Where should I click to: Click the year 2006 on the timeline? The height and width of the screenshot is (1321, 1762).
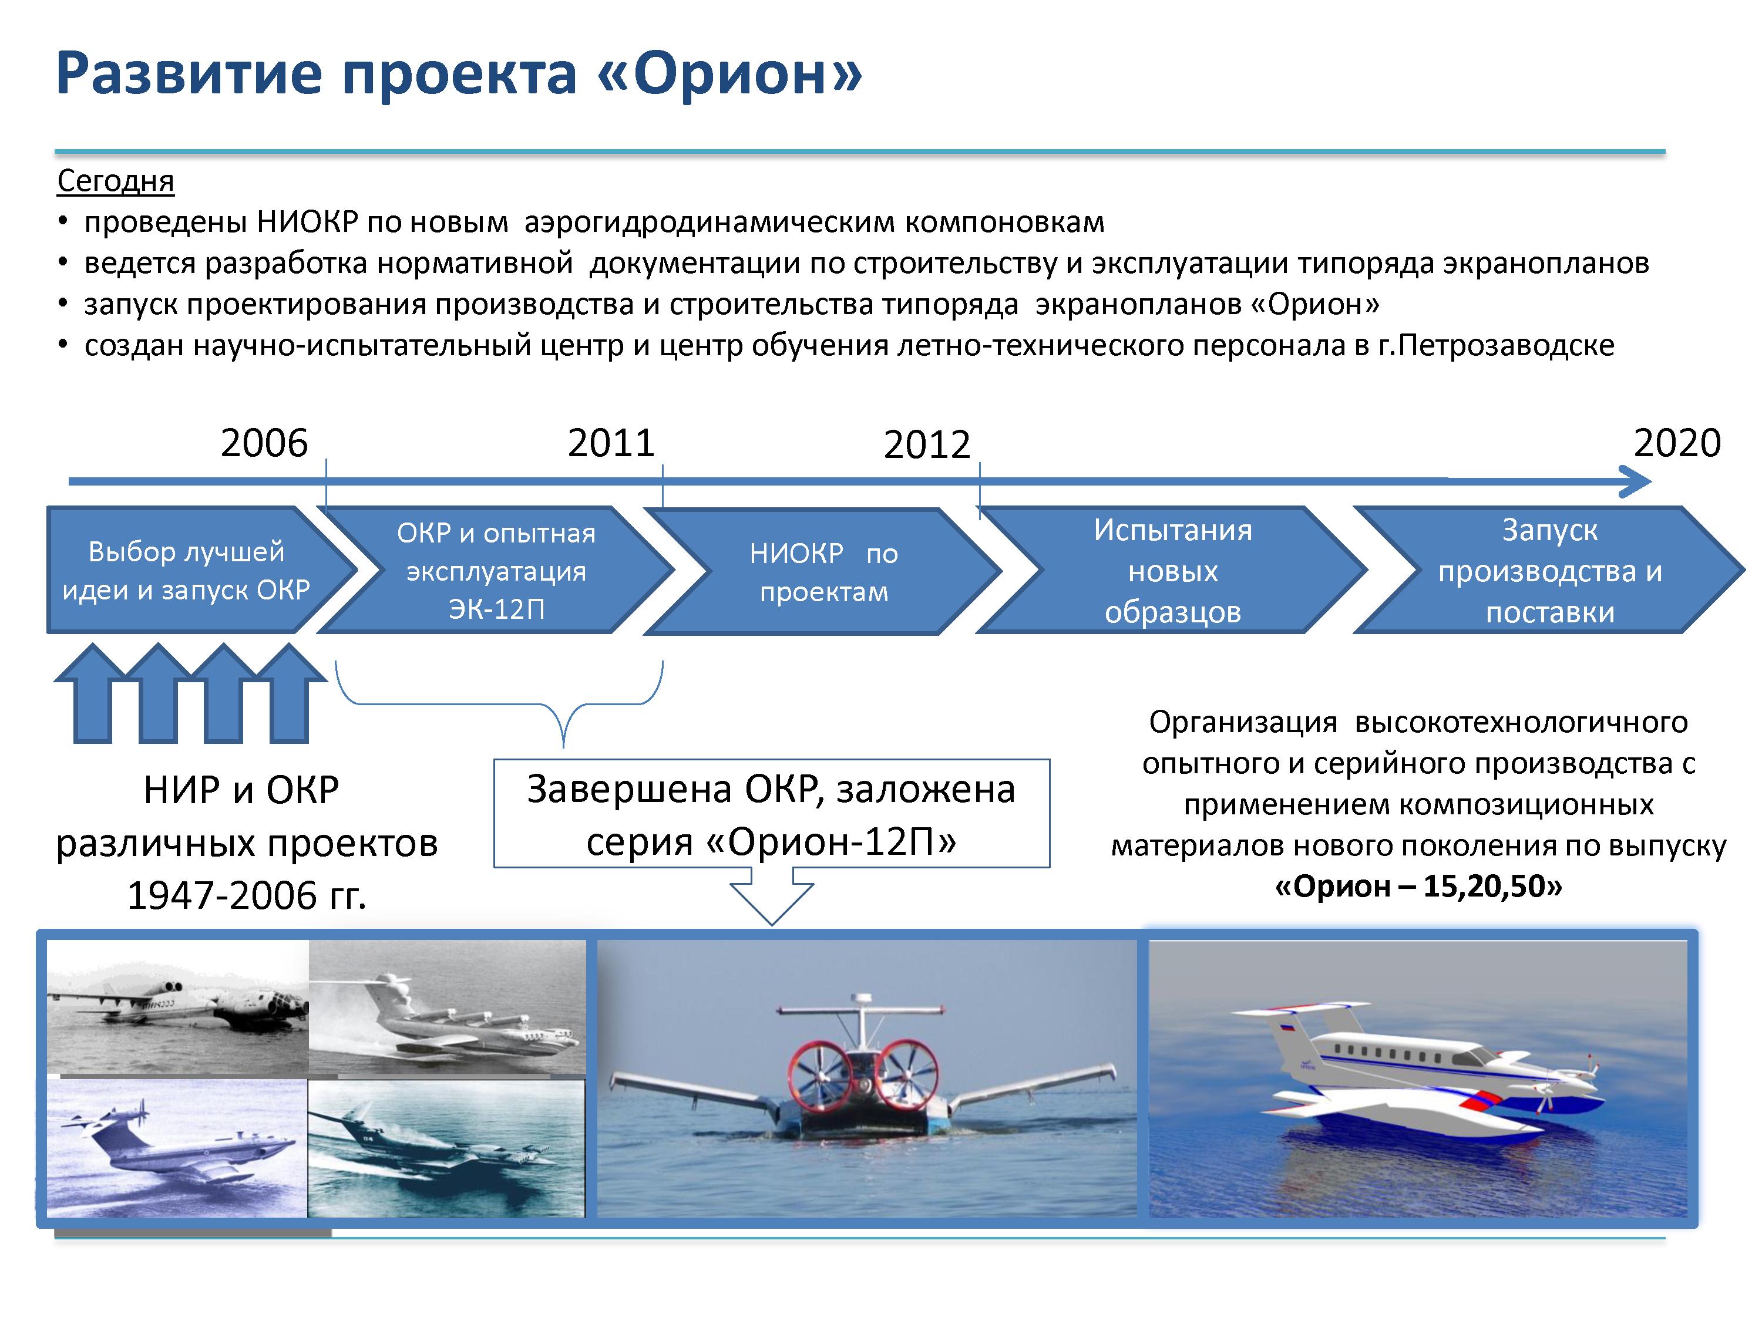tap(264, 443)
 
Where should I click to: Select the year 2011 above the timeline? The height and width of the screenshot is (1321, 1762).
tap(611, 443)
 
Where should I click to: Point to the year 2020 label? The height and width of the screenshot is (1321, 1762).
tap(1677, 443)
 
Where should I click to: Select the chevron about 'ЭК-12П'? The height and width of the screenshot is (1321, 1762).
tap(496, 570)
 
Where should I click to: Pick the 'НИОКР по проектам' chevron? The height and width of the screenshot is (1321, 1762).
tap(823, 571)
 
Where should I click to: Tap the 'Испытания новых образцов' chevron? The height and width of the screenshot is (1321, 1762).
tap(1172, 570)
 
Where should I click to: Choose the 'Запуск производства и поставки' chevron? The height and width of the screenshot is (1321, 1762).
tap(1549, 570)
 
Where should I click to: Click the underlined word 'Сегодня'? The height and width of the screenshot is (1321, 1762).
tap(116, 181)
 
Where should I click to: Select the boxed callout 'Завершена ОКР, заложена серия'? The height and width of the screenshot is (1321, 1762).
tap(771, 814)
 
